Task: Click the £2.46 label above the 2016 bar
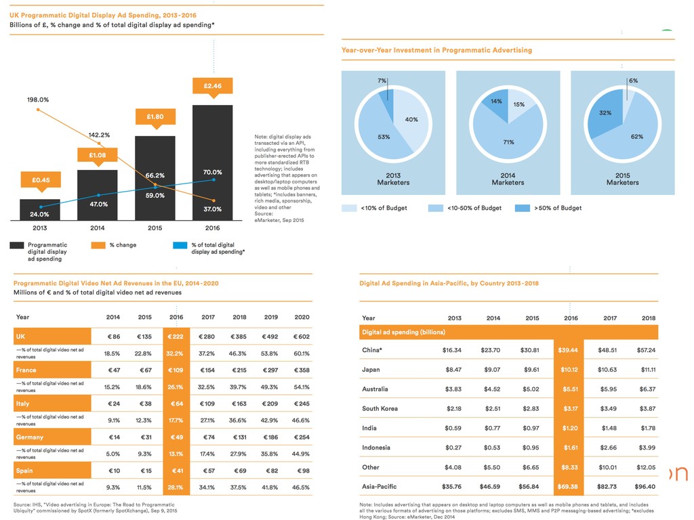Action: click(213, 86)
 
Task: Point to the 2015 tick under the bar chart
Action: click(155, 228)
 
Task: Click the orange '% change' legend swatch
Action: click(98, 245)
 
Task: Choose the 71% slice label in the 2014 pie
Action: click(508, 142)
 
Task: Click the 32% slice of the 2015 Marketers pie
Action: click(605, 113)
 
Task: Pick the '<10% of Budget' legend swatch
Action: click(349, 208)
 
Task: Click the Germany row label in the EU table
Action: click(30, 437)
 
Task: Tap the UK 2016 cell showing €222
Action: click(176, 337)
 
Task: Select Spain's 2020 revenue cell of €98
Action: click(302, 471)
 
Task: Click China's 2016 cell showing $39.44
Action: click(571, 350)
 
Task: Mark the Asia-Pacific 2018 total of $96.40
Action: click(646, 487)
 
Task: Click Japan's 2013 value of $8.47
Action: click(453, 370)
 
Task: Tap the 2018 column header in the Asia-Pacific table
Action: click(649, 318)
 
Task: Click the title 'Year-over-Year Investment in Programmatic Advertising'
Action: click(437, 50)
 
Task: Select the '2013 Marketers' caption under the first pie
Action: click(393, 179)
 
